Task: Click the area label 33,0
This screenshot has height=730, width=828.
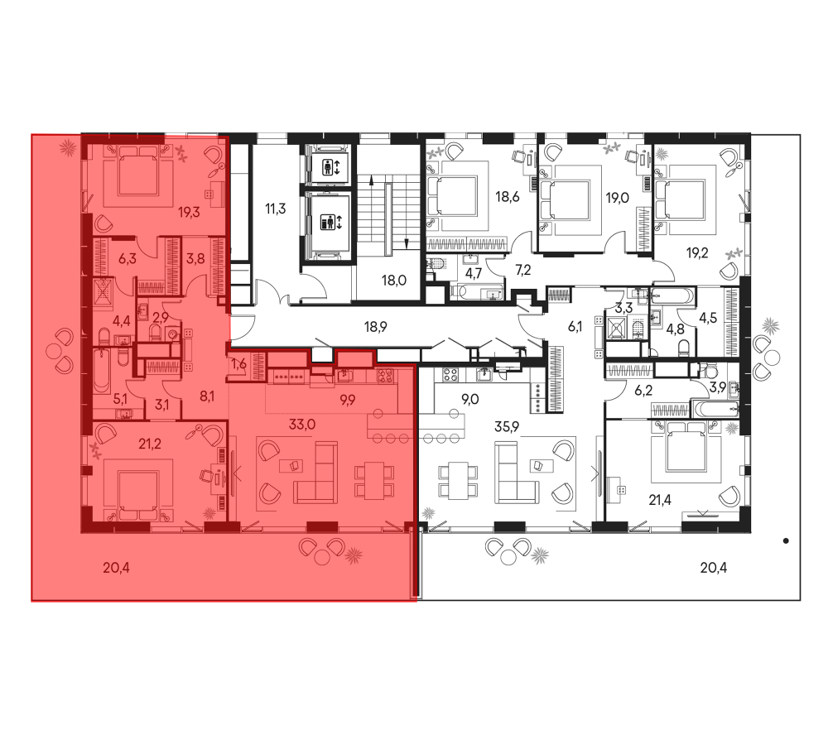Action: [x=301, y=424]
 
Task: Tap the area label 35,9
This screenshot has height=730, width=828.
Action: [x=507, y=426]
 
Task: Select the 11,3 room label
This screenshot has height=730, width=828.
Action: [x=275, y=209]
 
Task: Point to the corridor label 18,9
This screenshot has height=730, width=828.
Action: [x=375, y=327]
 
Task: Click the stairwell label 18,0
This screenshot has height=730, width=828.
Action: [x=394, y=281]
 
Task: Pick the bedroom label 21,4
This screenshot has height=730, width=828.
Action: [x=660, y=499]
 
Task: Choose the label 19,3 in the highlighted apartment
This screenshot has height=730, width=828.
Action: [x=189, y=213]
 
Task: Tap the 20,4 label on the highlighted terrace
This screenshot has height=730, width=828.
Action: [x=116, y=568]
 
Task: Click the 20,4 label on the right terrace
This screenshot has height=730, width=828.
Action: [x=714, y=568]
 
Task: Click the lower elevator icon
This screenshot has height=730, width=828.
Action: [x=331, y=223]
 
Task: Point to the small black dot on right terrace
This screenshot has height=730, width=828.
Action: [x=786, y=540]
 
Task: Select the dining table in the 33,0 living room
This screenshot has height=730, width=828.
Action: [x=374, y=480]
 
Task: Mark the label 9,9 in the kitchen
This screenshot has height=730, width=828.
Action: [x=347, y=400]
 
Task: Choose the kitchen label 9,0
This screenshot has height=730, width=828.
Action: [x=470, y=400]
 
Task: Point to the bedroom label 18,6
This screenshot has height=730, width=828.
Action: [x=508, y=198]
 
